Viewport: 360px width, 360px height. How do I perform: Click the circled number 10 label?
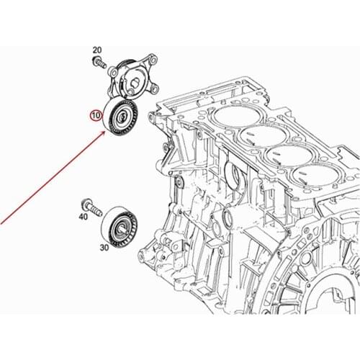pos(96,116)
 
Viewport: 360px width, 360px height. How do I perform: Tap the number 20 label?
pos(97,50)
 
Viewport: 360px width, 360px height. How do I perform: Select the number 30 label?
pos(104,248)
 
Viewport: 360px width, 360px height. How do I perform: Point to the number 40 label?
pos(84,217)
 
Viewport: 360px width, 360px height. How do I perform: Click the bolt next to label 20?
pos(99,61)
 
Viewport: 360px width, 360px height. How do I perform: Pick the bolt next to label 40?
pos(91,207)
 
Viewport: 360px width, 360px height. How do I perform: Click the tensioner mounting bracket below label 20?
pos(132,77)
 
